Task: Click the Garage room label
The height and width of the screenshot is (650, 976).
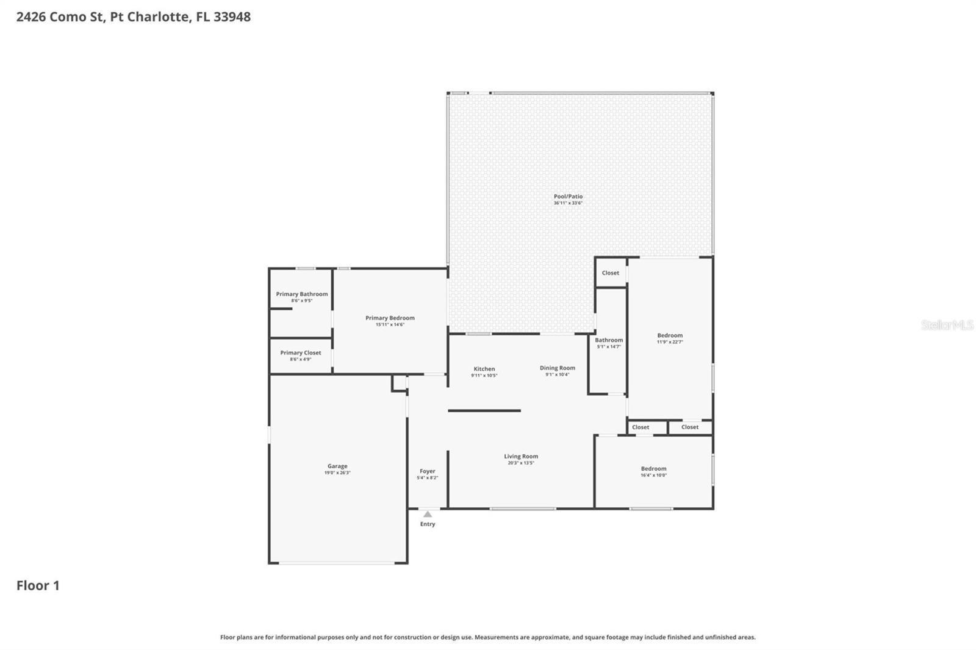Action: click(x=337, y=466)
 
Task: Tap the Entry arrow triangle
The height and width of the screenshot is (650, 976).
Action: click(x=428, y=515)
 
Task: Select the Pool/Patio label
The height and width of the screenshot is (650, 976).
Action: click(x=568, y=196)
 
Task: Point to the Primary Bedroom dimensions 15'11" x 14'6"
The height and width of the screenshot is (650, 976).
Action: click(x=390, y=324)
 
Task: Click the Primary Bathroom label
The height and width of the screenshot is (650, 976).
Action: click(x=302, y=294)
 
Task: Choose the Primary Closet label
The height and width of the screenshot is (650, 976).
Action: click(x=301, y=352)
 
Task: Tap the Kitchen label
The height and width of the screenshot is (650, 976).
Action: click(x=484, y=369)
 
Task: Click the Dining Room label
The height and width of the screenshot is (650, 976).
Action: click(x=557, y=368)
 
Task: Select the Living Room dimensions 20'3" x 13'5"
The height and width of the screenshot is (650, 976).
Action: click(x=521, y=463)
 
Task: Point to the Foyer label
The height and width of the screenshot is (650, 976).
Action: click(x=428, y=471)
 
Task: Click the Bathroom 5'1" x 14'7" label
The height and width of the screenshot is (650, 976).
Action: click(x=609, y=340)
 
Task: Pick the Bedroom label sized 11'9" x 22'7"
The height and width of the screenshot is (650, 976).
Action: click(x=670, y=335)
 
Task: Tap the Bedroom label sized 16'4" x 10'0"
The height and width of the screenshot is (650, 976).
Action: click(x=653, y=468)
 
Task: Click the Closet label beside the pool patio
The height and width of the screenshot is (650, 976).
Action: click(x=610, y=273)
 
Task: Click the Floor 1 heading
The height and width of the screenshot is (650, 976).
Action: click(x=38, y=585)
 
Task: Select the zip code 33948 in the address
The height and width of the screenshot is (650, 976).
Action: click(x=232, y=16)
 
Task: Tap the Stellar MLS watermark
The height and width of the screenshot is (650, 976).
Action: click(x=947, y=325)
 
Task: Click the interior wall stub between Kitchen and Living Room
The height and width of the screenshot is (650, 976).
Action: click(x=484, y=410)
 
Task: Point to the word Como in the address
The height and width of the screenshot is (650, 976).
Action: click(x=68, y=16)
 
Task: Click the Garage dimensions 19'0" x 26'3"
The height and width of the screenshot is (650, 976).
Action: click(x=337, y=473)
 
